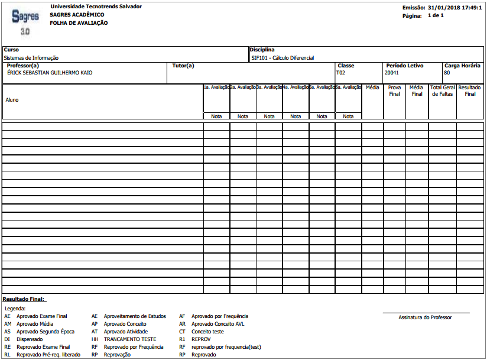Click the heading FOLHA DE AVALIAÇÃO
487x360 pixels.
79,23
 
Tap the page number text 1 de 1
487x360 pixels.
436,15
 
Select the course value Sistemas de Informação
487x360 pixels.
31,58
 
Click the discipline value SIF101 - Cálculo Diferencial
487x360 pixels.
283,58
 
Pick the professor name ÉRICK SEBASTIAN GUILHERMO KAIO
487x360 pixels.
50,73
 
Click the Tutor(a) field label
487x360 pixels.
183,66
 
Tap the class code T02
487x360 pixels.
340,73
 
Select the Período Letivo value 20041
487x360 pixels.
392,73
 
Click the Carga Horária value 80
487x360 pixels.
447,73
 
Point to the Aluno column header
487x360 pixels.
12,100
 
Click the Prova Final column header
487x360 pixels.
394,90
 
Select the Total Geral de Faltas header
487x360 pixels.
442,90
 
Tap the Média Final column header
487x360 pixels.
417,90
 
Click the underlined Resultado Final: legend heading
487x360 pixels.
24,300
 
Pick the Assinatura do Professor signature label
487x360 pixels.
425,317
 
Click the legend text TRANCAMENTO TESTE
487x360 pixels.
130,339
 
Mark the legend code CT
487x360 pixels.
182,332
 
